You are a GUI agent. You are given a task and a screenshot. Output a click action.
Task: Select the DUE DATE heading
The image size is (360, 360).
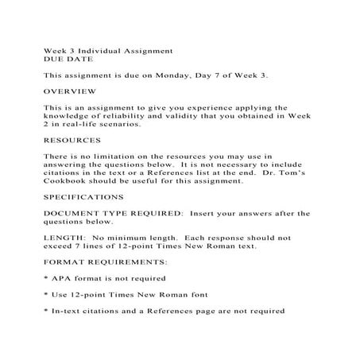point(64,59)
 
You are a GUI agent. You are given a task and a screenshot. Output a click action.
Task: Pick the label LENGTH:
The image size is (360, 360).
point(65,238)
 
